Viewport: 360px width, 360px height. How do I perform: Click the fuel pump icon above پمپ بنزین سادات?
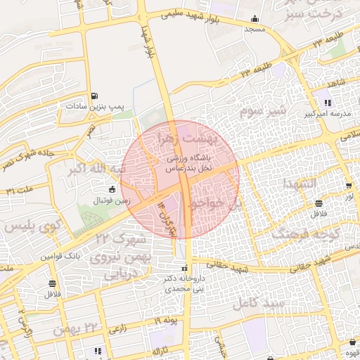click(x=95, y=96)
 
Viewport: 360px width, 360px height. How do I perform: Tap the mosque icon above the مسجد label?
click(x=254, y=19)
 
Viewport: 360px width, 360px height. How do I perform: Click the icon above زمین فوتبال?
click(x=111, y=188)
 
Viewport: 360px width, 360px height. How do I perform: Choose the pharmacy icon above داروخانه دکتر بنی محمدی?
click(x=184, y=267)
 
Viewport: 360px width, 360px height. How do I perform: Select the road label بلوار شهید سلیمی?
click(x=184, y=14)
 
